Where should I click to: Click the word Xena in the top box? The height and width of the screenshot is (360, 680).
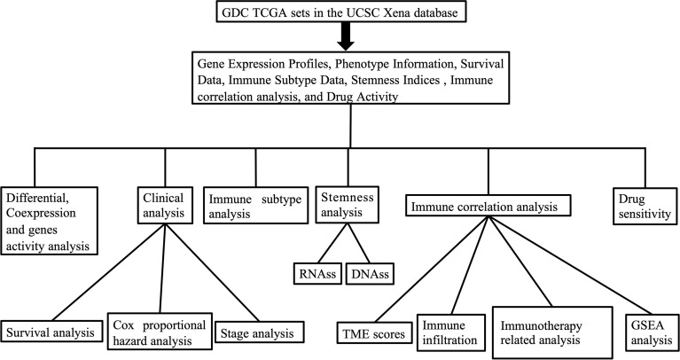(x=379, y=13)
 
